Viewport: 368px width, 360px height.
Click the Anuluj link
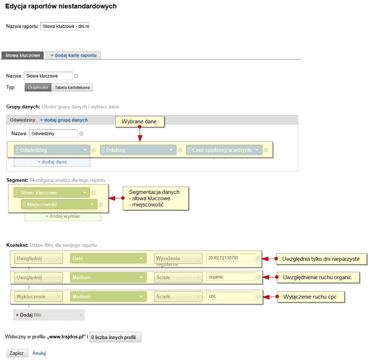39,353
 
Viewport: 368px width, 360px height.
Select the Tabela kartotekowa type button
72,87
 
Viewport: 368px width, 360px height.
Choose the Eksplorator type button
38,87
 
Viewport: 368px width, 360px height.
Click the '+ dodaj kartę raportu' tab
73,55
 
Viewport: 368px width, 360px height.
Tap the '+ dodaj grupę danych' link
64,120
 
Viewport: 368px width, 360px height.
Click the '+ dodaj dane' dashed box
52,162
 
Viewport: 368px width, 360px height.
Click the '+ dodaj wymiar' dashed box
63,216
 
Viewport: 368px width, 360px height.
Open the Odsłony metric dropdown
138,150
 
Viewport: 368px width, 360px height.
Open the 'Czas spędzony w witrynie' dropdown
224,150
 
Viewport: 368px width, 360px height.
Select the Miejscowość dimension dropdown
59,204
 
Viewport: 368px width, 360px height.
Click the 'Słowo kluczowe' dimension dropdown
51,192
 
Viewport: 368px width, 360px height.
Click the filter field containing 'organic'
231,277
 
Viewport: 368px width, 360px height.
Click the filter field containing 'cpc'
231,296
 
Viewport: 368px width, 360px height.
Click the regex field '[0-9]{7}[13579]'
231,258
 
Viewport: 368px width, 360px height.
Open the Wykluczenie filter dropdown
39,296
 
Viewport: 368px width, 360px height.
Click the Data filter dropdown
108,258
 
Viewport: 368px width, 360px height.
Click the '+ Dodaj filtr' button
49,315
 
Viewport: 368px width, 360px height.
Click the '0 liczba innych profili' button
115,337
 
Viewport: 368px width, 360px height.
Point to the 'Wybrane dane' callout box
140,122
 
